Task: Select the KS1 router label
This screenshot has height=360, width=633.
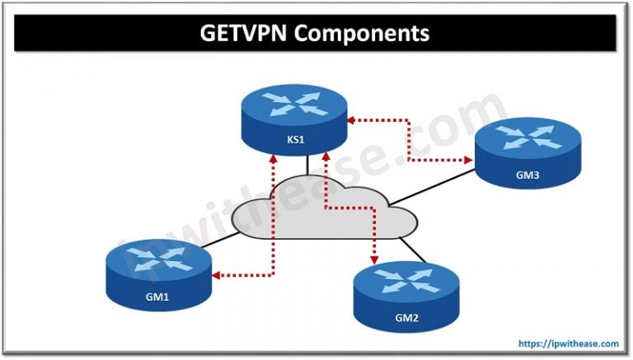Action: [296, 139]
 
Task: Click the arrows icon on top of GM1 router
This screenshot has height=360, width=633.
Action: [157, 256]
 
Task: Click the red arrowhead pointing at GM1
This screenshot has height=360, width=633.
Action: [217, 275]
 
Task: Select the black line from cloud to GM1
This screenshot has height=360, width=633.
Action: [216, 240]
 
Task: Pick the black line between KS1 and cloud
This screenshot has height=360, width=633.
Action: [307, 164]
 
